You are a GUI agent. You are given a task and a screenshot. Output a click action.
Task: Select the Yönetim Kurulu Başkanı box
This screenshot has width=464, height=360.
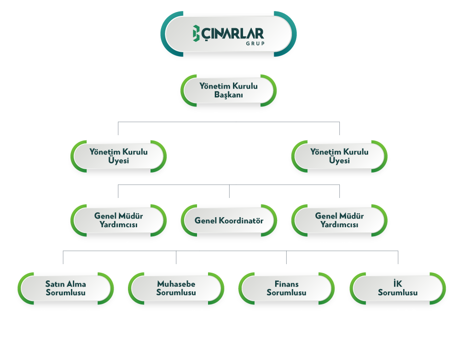pos(229,90)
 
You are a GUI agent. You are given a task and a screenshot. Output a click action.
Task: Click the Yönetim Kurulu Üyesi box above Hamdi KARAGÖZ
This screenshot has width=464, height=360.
pos(118,156)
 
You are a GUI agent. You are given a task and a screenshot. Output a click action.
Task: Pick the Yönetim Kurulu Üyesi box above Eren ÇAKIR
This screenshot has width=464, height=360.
pos(339,156)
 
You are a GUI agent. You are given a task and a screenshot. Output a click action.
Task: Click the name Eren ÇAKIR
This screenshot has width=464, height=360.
pos(339,181)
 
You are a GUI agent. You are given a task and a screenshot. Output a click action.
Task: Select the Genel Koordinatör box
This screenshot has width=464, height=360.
pos(229,221)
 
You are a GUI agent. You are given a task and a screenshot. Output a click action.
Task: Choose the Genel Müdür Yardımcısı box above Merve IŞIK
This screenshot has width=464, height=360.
pos(118,221)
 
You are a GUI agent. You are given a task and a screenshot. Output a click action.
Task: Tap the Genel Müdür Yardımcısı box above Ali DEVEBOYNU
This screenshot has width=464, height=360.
pos(339,221)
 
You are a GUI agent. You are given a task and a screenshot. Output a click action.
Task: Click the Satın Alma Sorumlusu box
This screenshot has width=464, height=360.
pos(65,288)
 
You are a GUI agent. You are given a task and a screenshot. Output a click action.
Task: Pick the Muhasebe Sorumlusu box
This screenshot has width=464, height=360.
pos(176,288)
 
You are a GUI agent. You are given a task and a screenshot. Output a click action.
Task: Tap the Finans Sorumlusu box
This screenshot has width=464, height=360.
pos(286,288)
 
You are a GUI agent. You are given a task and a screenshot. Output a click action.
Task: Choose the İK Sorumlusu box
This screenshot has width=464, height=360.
pos(397,288)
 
